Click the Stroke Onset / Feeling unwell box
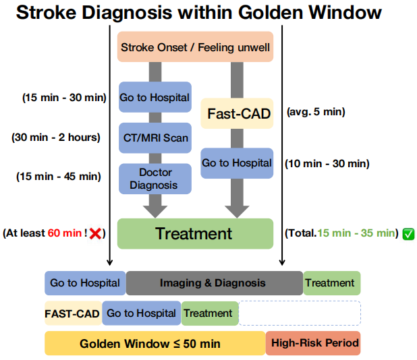click(x=195, y=47)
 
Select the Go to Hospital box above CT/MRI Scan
click(x=155, y=97)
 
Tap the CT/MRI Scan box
click(x=155, y=139)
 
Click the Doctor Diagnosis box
click(x=155, y=179)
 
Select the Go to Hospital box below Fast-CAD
click(x=237, y=163)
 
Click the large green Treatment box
click(x=195, y=234)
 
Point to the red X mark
click(x=95, y=233)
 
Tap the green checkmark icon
click(x=408, y=234)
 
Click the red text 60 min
click(x=63, y=233)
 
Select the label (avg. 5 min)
click(x=316, y=112)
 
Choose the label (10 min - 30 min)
click(x=327, y=163)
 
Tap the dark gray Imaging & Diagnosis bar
click(x=213, y=283)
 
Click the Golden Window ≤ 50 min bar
click(x=155, y=343)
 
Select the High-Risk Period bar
click(x=314, y=343)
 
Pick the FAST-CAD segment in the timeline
click(x=73, y=313)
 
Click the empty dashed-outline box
click(x=300, y=313)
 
